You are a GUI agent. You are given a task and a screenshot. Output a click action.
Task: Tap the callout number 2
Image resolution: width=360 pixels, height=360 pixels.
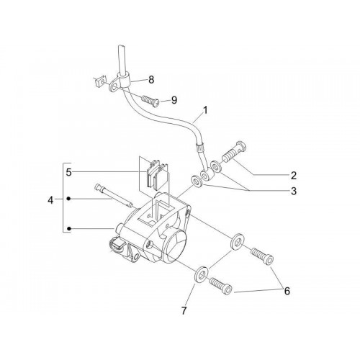click(294, 176)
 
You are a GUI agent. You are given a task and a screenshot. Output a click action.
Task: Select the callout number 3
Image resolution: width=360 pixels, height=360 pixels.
click(294, 192)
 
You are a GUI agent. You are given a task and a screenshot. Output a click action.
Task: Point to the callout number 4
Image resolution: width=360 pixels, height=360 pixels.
click(50, 200)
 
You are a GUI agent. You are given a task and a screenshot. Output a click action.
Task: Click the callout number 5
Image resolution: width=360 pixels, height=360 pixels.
click(69, 172)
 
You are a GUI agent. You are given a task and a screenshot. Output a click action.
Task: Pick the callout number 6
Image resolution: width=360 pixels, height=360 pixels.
click(287, 291)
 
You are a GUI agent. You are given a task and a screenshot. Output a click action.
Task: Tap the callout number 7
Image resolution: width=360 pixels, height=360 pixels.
click(184, 311)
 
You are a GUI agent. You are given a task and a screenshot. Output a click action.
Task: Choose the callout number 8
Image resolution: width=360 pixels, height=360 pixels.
click(151, 80)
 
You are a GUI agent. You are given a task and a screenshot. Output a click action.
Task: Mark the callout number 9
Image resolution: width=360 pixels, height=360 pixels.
click(174, 100)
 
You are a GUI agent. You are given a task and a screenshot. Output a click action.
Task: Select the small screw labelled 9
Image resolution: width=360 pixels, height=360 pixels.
click(150, 99)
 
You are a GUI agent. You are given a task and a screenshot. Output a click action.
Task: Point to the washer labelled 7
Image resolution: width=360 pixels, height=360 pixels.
click(201, 274)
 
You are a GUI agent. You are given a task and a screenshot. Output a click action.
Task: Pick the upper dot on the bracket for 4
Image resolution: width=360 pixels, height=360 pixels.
click(68, 199)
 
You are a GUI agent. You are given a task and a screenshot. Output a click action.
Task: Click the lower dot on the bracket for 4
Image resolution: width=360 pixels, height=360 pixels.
click(68, 229)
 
